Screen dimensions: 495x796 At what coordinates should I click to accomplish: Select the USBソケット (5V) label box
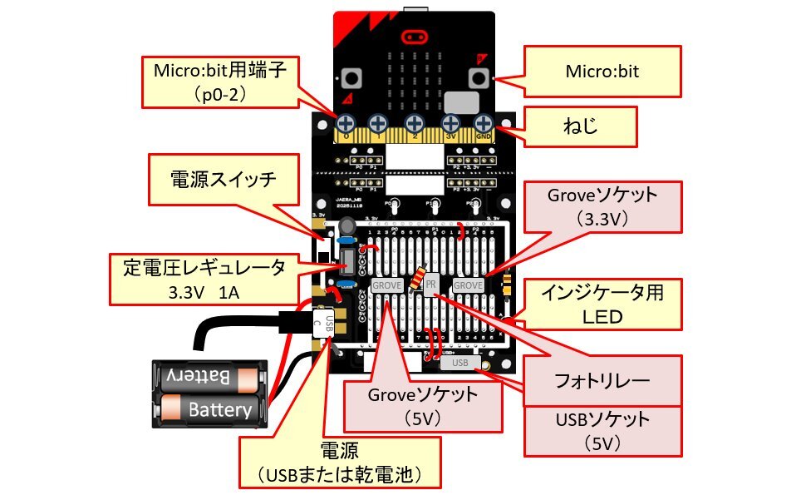coord(602,429)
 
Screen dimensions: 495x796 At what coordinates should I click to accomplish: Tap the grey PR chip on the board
coord(430,285)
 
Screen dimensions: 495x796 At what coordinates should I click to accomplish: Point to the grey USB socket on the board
coord(459,363)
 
